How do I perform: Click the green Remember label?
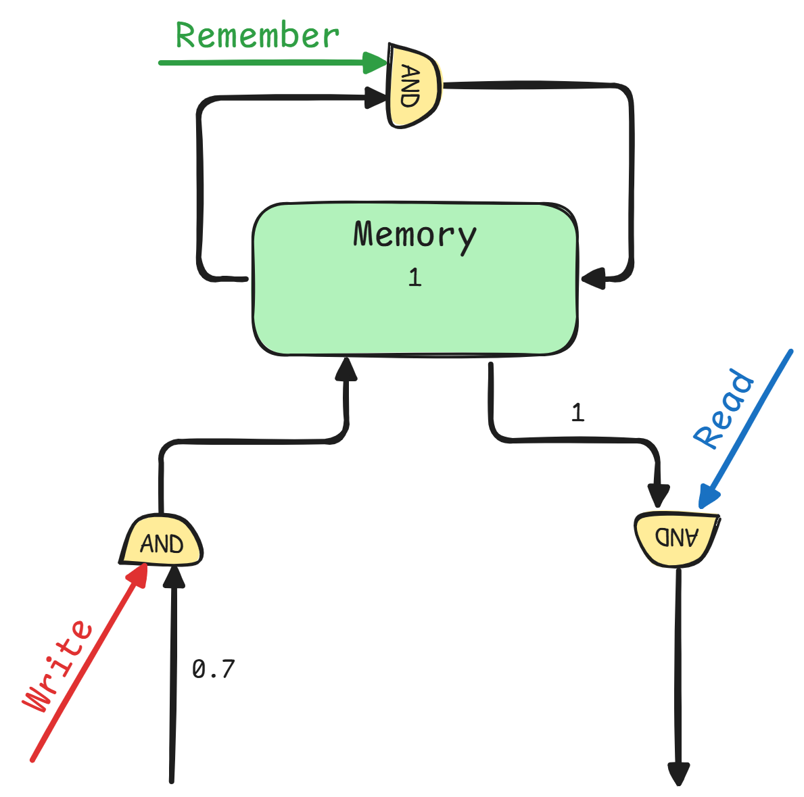(x=257, y=35)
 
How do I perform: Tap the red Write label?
(x=58, y=666)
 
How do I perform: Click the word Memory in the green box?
(x=415, y=235)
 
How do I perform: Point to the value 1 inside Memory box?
(x=415, y=277)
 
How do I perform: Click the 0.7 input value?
(x=213, y=669)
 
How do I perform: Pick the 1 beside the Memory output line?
(x=577, y=413)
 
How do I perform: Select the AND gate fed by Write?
(x=162, y=542)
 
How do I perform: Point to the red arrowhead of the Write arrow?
(x=139, y=575)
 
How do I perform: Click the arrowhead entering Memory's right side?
(x=594, y=278)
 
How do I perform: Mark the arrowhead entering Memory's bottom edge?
(x=346, y=368)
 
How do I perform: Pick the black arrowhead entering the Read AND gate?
(x=658, y=496)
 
